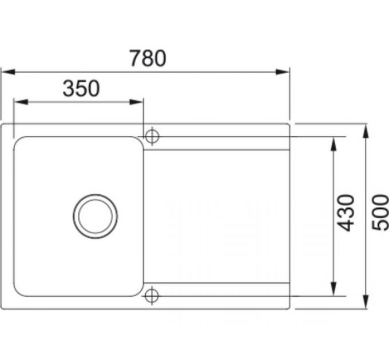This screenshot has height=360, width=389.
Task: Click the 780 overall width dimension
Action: [147, 58]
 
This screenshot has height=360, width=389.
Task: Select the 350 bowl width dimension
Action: [81, 89]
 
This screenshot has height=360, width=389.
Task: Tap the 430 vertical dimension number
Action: [346, 213]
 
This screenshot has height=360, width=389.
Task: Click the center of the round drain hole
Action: [95, 216]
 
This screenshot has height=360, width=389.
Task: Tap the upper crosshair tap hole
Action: [152, 137]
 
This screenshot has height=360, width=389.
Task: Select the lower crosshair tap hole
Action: [152, 295]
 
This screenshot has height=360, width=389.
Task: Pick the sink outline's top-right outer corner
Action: [289, 124]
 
